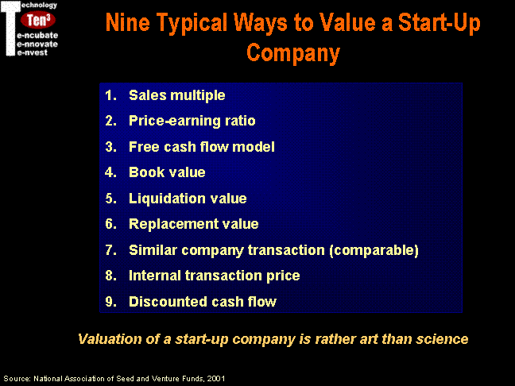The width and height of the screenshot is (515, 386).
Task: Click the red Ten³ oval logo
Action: [38, 20]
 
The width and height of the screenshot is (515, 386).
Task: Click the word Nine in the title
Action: [127, 23]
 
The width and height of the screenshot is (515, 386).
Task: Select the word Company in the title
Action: [293, 53]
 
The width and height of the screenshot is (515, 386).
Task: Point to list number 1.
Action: [110, 95]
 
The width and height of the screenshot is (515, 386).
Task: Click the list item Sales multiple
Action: [176, 95]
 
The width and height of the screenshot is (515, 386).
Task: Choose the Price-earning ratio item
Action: [192, 121]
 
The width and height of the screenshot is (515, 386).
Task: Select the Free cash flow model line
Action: [202, 147]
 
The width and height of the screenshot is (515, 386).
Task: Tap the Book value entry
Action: [167, 172]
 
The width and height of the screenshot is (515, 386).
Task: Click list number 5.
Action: [111, 199]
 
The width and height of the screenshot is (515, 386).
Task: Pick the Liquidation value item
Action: [188, 199]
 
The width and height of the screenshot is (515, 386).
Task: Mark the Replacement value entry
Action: [193, 224]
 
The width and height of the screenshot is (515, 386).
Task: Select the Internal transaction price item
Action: [214, 276]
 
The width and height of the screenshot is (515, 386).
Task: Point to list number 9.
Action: [111, 302]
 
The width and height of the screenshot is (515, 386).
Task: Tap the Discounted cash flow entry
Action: [203, 302]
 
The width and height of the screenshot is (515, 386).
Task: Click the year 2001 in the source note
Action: [216, 378]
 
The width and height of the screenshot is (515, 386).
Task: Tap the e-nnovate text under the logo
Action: [37, 44]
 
